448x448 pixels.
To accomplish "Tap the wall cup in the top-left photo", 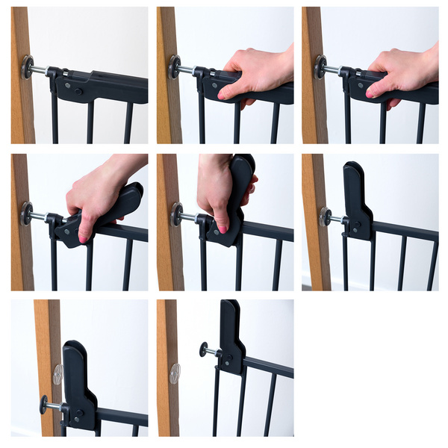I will [28, 68].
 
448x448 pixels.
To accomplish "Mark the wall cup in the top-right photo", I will [320, 68].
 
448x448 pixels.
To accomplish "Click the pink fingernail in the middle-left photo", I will [84, 238].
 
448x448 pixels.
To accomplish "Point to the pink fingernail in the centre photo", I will [222, 228].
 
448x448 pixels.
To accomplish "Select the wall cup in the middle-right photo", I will [324, 217].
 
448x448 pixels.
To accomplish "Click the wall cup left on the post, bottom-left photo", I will [57, 373].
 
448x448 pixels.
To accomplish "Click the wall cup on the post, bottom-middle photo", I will [175, 373].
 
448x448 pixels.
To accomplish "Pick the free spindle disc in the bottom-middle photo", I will [202, 349].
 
